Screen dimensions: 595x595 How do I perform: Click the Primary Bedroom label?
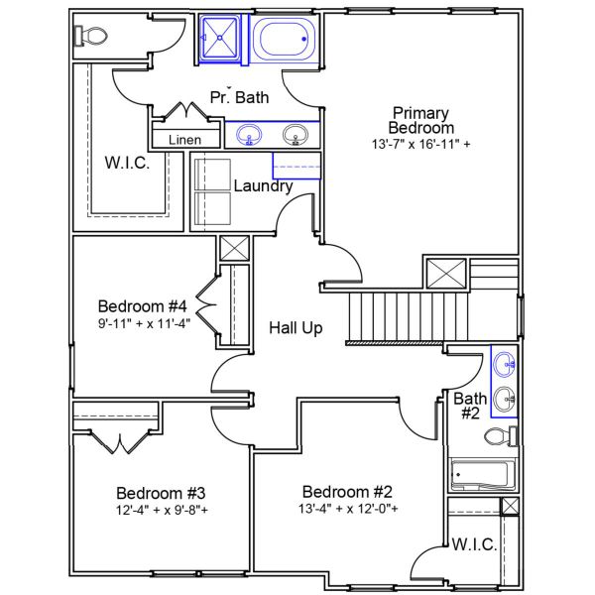click(x=420, y=120)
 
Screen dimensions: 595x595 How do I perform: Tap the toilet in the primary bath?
click(x=91, y=37)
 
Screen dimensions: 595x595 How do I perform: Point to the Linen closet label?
click(x=184, y=140)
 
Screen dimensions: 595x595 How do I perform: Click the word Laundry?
click(x=263, y=185)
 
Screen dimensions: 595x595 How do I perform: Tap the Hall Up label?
click(x=296, y=327)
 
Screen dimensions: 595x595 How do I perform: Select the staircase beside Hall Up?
click(x=407, y=316)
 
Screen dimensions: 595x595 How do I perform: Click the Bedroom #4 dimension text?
click(x=144, y=322)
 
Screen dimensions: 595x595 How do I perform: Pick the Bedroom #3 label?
click(x=161, y=493)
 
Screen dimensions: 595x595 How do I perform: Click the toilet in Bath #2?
click(x=499, y=436)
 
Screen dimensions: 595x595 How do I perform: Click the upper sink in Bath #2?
click(x=505, y=363)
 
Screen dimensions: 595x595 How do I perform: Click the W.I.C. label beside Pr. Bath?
click(x=128, y=163)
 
